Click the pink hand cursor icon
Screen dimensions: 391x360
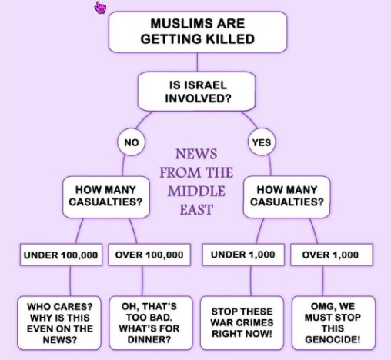tap(100, 8)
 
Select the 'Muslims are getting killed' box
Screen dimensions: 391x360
tap(198, 32)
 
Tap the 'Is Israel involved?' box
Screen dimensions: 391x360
tap(197, 92)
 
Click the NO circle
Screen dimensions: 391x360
tap(132, 142)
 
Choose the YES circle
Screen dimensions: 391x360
tap(262, 142)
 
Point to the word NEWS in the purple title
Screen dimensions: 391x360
tap(196, 154)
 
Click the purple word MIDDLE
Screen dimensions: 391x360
tap(196, 192)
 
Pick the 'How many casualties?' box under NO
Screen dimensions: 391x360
tap(106, 197)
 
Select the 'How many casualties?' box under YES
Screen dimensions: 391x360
tap(287, 197)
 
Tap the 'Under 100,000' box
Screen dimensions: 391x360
tap(61, 255)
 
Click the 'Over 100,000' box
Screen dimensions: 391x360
tap(149, 255)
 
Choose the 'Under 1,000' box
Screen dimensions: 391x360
tap(243, 255)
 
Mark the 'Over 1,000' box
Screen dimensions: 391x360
tap(332, 255)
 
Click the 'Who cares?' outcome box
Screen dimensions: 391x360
tap(59, 323)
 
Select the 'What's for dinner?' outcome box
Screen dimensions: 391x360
tap(151, 323)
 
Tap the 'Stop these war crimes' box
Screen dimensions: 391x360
tap(242, 323)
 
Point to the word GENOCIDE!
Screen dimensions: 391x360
tap(333, 340)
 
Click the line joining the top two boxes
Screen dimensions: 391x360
tap(197, 62)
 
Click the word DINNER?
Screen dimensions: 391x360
tap(149, 340)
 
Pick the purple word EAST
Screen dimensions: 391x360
tap(196, 210)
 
